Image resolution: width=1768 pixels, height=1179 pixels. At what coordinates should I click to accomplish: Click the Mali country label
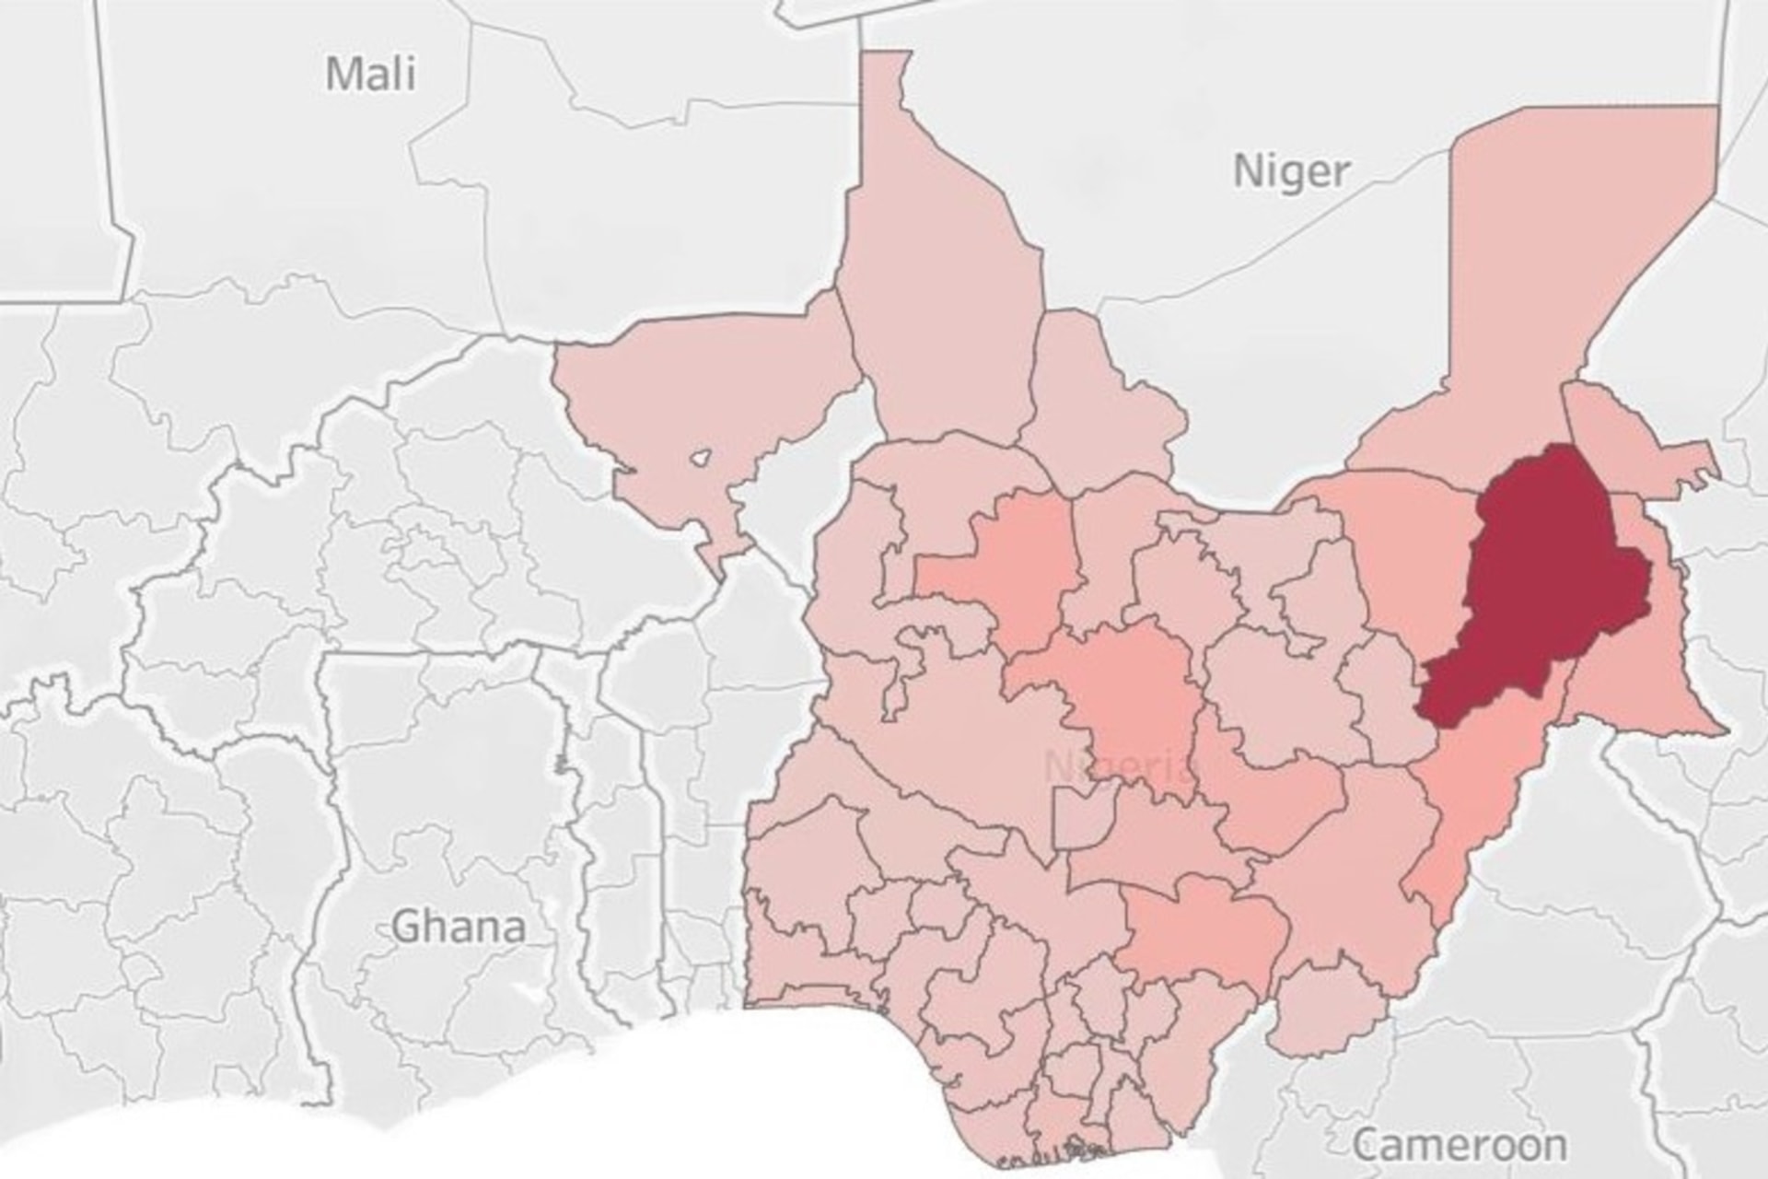371,73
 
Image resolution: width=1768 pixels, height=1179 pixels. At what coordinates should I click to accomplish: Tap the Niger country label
1291,170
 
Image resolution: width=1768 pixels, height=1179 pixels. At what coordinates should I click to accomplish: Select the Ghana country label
459,926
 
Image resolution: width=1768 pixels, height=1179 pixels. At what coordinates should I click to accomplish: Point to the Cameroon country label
1459,1145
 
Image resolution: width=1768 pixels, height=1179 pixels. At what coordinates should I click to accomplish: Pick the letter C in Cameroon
1367,1146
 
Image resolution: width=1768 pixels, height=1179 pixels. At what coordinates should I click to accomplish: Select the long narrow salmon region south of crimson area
1473,792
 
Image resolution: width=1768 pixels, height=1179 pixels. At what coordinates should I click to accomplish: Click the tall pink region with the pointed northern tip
939,276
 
